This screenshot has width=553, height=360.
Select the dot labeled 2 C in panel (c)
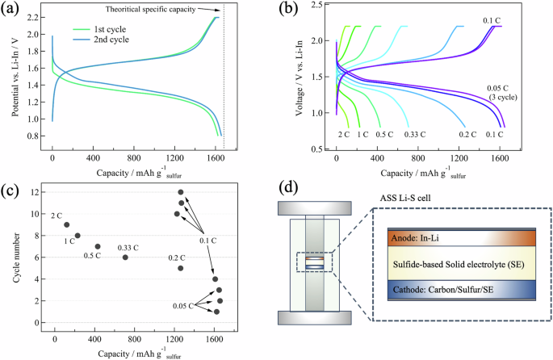[67, 224]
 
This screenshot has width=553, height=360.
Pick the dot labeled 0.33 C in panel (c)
[125, 257]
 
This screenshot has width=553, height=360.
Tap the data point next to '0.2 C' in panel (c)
[181, 268]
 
